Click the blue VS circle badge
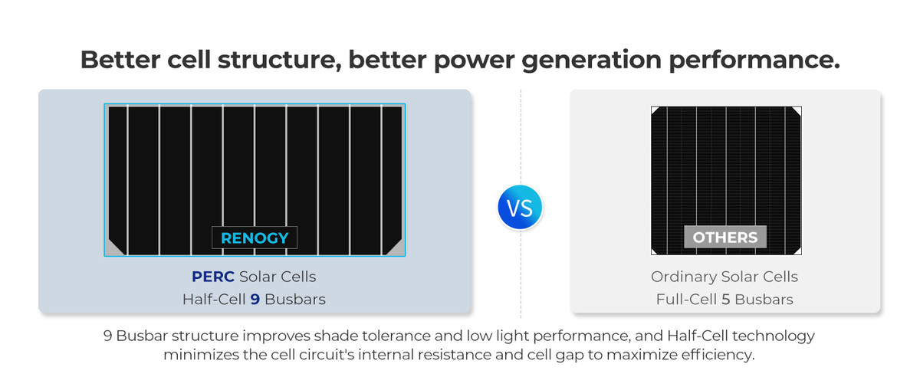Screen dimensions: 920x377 coord(520,207)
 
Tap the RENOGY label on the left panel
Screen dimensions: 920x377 coord(255,238)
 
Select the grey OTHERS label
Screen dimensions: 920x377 coord(725,237)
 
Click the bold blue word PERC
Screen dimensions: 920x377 coord(213,277)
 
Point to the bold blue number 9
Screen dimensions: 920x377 coord(255,299)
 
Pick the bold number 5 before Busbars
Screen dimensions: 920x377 coord(726,299)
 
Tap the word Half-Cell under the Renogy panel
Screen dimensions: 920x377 coord(214,299)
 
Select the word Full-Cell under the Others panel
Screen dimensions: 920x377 coord(686,299)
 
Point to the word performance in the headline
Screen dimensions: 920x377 coord(754,61)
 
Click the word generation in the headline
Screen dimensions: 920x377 coord(591,61)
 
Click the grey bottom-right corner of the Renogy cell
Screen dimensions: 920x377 coord(393,248)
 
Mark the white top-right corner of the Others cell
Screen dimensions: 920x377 coord(797,110)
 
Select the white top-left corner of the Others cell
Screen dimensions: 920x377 coord(655,110)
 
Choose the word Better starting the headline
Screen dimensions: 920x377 coord(120,60)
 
